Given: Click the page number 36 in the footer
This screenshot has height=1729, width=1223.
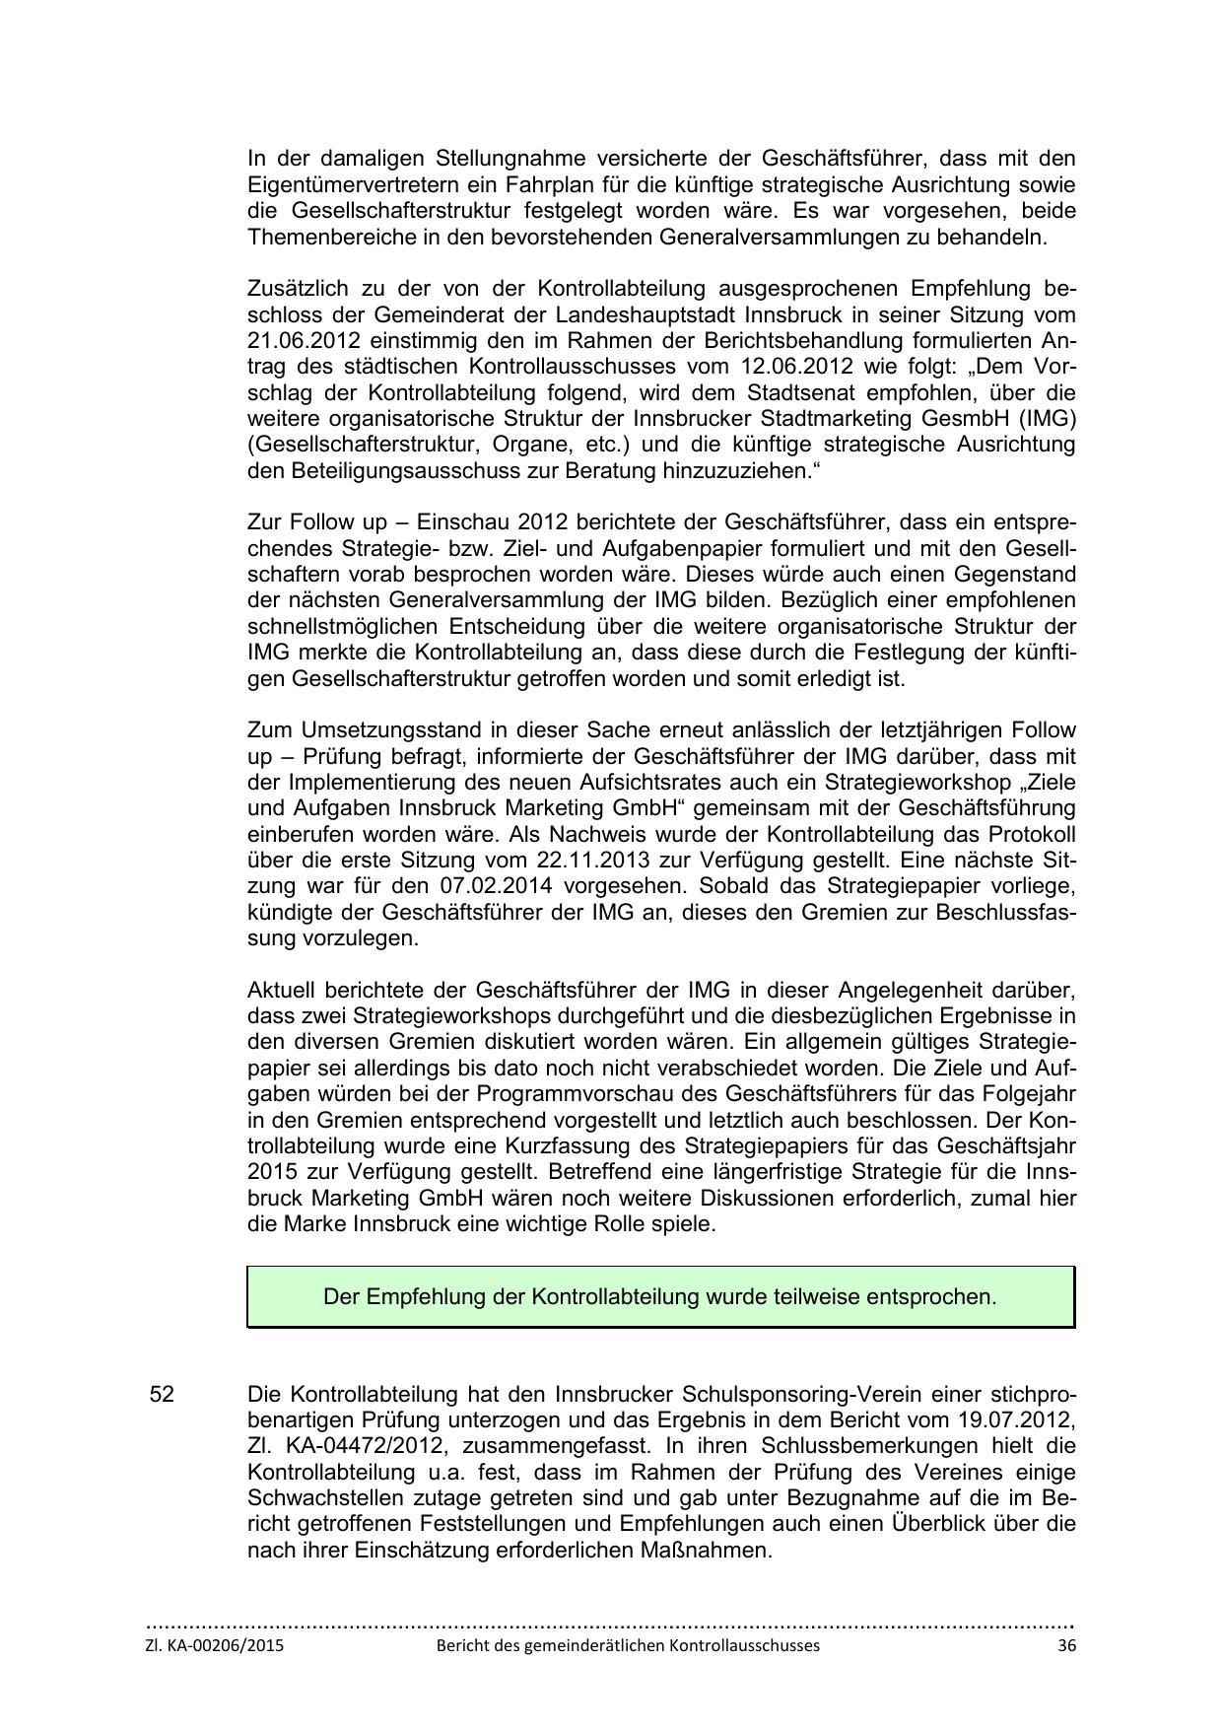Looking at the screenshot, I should click(x=1065, y=1645).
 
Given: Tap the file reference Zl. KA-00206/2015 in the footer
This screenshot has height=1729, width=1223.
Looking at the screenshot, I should click(x=214, y=1645).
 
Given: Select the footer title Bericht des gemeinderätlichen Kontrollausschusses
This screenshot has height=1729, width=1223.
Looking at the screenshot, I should click(x=628, y=1645).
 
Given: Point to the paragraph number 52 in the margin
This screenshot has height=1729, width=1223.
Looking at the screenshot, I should click(x=162, y=1395).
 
